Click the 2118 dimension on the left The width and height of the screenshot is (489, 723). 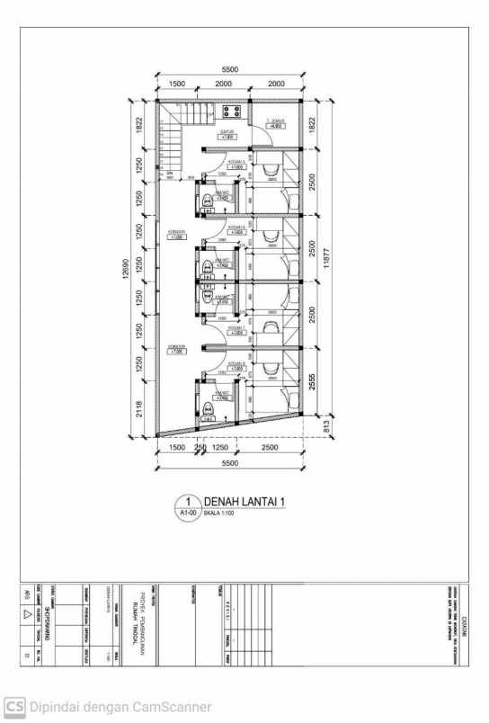[x=139, y=410]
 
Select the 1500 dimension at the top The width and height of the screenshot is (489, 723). [x=176, y=84]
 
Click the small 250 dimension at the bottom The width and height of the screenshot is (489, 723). [x=200, y=447]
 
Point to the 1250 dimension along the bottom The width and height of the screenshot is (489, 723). [x=221, y=447]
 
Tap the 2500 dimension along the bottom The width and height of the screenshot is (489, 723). [x=270, y=447]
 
